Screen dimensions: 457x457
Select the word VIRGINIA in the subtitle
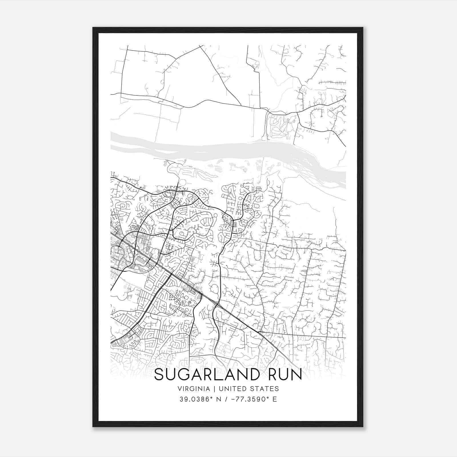coord(194,389)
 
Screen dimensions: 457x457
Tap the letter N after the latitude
coord(220,399)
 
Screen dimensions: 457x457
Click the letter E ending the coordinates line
coord(275,399)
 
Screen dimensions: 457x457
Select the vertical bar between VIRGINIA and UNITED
coord(213,389)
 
